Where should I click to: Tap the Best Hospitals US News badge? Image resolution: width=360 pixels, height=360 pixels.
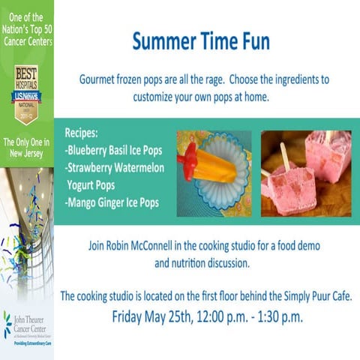click(x=27, y=94)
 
